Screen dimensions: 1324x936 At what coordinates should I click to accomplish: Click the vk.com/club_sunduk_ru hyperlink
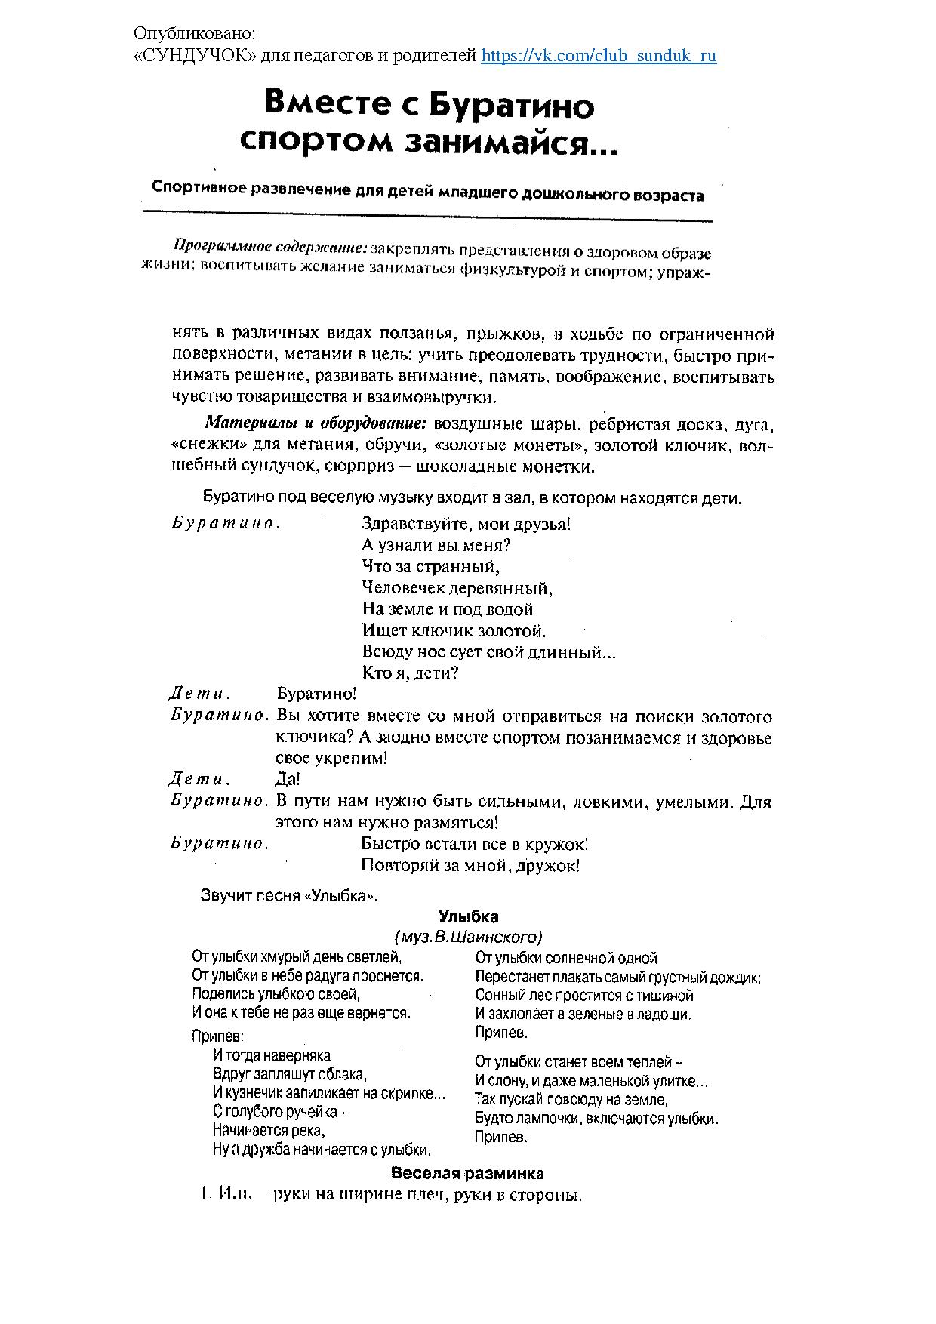(x=598, y=56)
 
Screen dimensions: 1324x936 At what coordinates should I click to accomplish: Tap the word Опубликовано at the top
(x=195, y=34)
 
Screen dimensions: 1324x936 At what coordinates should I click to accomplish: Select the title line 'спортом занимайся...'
(x=427, y=143)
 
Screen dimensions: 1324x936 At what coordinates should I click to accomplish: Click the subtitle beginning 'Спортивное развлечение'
(x=427, y=190)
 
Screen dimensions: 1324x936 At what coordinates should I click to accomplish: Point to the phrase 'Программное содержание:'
(x=270, y=245)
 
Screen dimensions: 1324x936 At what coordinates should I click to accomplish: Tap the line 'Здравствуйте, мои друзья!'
(x=466, y=524)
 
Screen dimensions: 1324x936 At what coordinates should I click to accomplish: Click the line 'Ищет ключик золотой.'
(x=454, y=630)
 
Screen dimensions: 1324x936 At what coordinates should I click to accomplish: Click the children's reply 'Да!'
(x=288, y=779)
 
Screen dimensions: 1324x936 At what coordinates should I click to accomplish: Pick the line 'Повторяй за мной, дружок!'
(x=470, y=866)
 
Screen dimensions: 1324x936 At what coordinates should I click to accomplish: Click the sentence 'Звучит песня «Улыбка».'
(x=289, y=896)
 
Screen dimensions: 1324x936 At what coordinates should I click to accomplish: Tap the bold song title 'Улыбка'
(x=468, y=917)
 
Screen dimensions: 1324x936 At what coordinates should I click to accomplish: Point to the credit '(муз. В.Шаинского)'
(x=468, y=938)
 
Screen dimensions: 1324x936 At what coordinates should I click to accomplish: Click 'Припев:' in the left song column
(x=218, y=1036)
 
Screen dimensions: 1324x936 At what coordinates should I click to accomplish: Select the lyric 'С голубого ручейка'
(x=275, y=1111)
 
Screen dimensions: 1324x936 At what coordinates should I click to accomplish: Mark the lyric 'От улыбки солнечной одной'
(x=566, y=958)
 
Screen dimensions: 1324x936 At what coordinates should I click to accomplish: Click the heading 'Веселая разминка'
(x=467, y=1174)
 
